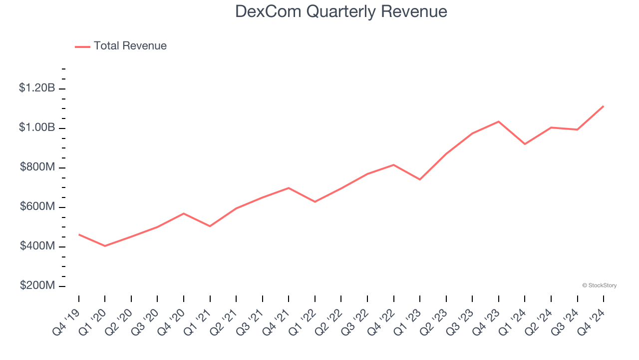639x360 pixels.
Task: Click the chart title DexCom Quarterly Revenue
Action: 341,11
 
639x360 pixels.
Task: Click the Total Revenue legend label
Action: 130,46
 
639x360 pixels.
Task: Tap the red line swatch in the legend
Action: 82,46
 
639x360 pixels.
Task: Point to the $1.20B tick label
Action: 37,88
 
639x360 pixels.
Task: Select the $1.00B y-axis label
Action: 37,127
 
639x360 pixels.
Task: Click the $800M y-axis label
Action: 37,167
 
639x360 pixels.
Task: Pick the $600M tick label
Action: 37,206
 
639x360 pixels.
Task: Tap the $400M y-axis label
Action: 37,246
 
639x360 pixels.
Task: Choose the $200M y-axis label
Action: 37,285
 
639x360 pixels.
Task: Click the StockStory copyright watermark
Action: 599,285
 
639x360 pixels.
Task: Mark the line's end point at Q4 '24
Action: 604,106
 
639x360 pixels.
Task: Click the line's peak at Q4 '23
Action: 499,121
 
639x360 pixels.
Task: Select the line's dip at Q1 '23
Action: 420,179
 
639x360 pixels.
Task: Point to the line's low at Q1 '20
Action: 105,246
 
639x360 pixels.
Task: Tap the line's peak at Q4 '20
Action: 184,213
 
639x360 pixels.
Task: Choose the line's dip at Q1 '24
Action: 525,144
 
